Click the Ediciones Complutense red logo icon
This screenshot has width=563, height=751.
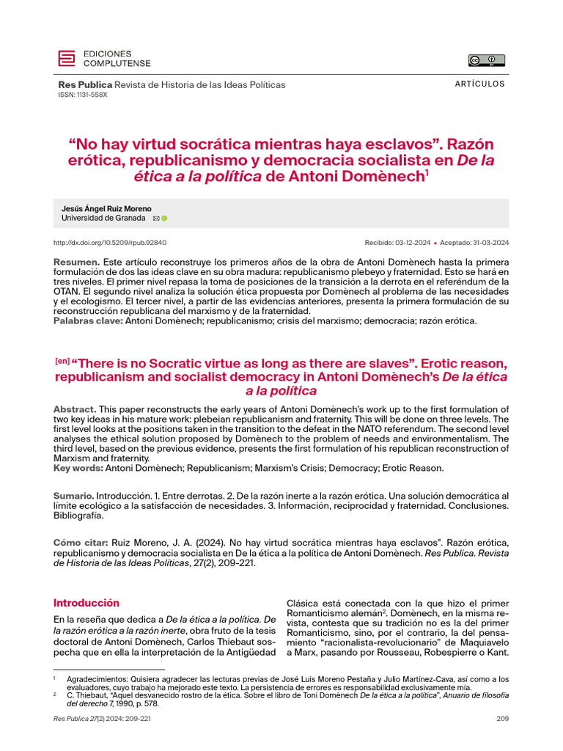tap(67, 59)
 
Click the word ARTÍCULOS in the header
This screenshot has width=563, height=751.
tap(480, 84)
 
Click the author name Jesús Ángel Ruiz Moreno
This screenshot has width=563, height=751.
tap(106, 209)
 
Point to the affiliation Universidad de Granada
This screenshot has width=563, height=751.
tap(103, 219)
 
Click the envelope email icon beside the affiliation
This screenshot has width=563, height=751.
tap(155, 219)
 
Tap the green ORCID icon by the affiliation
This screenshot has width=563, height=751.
tap(164, 219)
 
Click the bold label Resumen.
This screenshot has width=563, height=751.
tap(76, 263)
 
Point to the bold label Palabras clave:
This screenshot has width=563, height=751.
tap(88, 320)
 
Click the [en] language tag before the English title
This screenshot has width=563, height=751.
tap(62, 361)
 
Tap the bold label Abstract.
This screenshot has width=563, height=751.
tap(74, 409)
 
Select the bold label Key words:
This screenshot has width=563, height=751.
tap(78, 467)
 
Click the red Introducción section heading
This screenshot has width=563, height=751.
tap(86, 603)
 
